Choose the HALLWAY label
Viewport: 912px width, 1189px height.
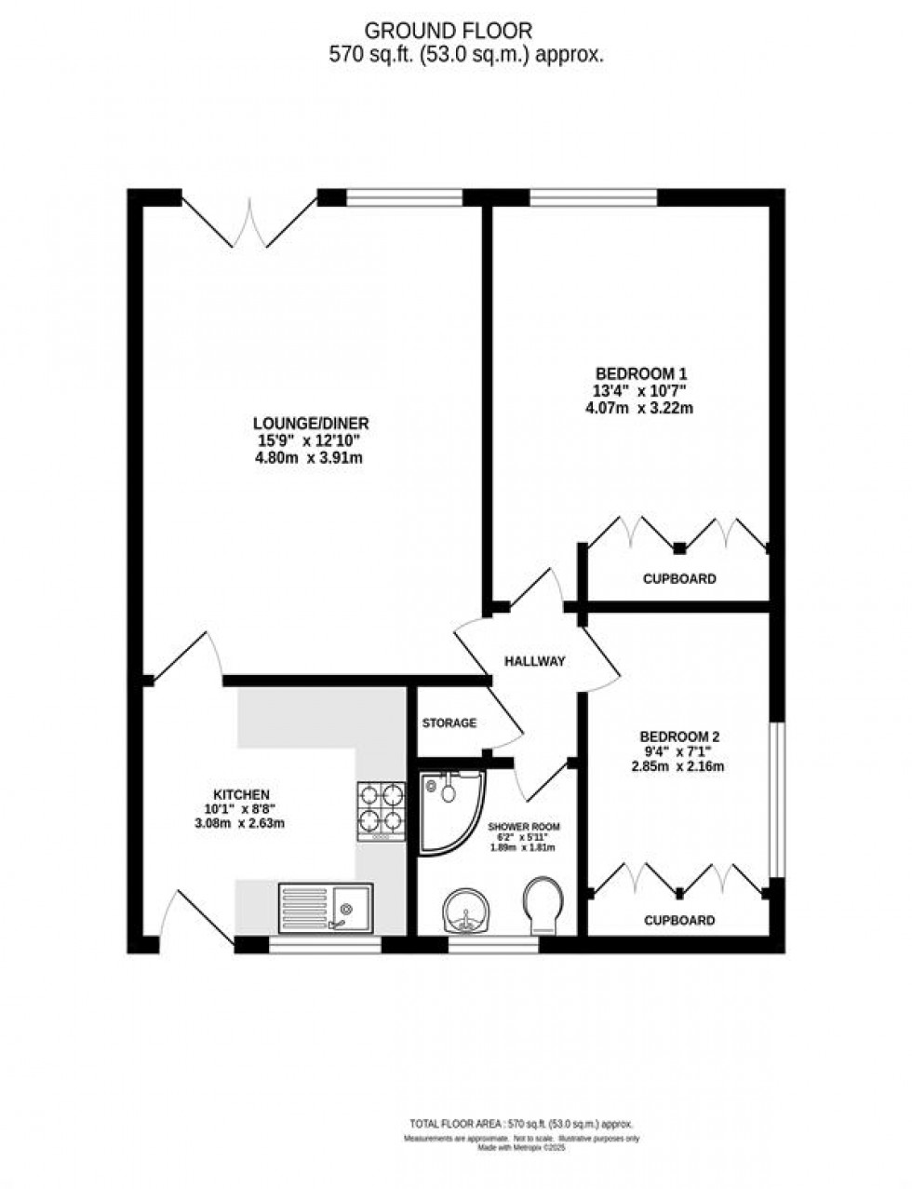(534, 661)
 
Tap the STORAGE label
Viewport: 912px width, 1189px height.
(449, 723)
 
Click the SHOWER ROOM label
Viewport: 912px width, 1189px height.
(524, 827)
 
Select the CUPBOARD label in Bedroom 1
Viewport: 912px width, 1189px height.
(679, 579)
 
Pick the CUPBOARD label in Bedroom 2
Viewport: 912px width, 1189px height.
(679, 921)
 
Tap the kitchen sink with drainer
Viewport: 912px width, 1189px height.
(325, 907)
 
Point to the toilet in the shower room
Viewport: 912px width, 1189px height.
(543, 905)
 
